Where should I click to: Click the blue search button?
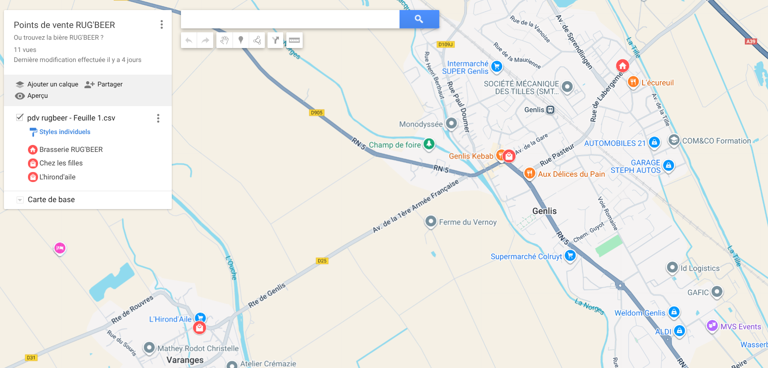[x=419, y=19]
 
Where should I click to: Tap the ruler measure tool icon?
[x=294, y=40]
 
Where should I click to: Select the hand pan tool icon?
[x=224, y=40]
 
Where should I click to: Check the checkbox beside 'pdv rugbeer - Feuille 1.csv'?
[x=20, y=117]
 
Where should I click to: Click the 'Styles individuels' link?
[x=65, y=132]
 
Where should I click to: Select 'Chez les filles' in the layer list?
[x=61, y=163]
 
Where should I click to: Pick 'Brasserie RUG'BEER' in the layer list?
[x=71, y=150]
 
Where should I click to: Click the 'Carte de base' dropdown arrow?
[x=20, y=200]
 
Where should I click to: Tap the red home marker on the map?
[x=622, y=66]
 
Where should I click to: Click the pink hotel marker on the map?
[x=60, y=248]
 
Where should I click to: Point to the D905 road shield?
[x=316, y=113]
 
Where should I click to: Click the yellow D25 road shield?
[x=322, y=261]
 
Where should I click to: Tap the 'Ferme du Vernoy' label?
[x=467, y=222]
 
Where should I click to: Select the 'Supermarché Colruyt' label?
[x=526, y=257]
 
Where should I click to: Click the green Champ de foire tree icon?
[x=429, y=144]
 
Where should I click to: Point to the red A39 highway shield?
[x=751, y=41]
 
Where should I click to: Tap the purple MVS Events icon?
[x=712, y=326]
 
